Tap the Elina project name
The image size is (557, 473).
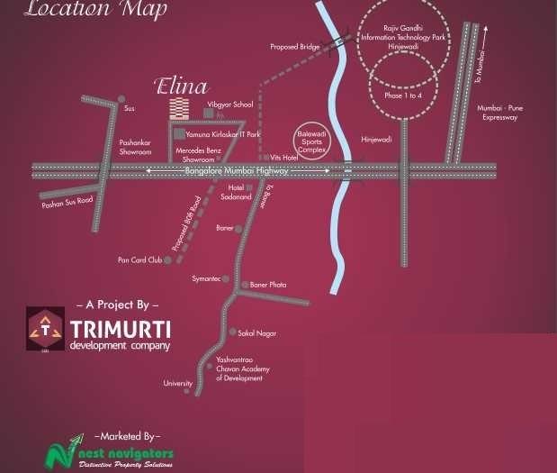181,87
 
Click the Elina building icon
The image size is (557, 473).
180,109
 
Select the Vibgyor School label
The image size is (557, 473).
230,105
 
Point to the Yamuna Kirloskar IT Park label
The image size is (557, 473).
223,134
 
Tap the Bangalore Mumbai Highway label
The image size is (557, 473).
237,170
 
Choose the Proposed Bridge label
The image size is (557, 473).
295,46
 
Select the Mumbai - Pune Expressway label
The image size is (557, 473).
502,113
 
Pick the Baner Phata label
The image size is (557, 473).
268,285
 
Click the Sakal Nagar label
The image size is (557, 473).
257,332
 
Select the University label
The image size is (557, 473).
177,384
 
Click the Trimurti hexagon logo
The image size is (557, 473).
44,328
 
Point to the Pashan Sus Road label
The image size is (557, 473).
67,203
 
